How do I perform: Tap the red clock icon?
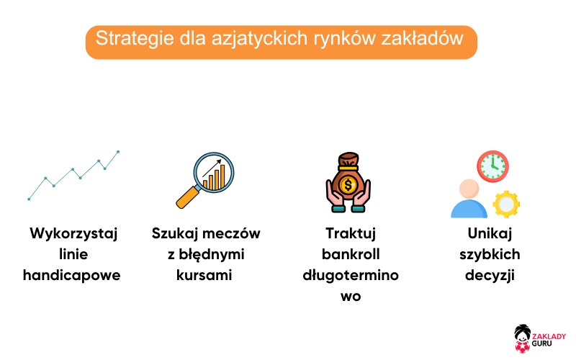pyautogui.click(x=492, y=166)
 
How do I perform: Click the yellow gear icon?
pyautogui.click(x=505, y=204)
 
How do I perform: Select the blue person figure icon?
pyautogui.click(x=469, y=199)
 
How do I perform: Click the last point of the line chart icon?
pyautogui.click(x=118, y=152)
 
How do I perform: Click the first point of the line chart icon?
pyautogui.click(x=29, y=199)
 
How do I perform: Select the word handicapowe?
pyautogui.click(x=72, y=275)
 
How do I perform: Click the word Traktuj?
pyautogui.click(x=351, y=234)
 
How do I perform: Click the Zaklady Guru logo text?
pyautogui.click(x=549, y=340)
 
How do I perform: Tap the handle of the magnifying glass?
pyautogui.click(x=187, y=197)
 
